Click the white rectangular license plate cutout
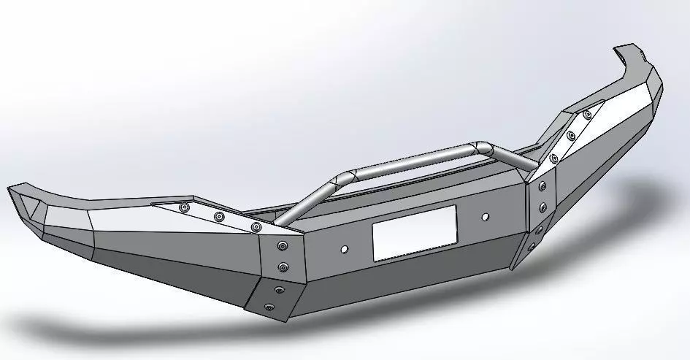[414, 231]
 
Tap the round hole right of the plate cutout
[486, 217]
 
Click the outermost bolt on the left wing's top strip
[184, 208]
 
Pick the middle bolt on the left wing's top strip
[219, 217]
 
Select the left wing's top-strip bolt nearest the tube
[255, 227]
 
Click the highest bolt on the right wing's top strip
[587, 115]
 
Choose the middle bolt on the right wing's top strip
[571, 135]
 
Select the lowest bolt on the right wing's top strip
[554, 158]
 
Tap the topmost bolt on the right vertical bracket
[542, 187]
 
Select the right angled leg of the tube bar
[511, 156]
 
